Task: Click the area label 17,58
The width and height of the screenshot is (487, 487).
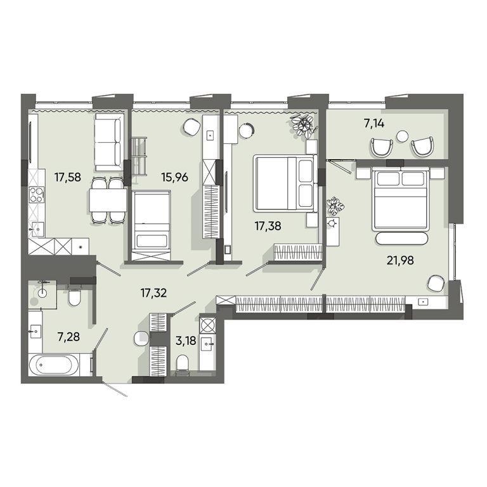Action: pyautogui.click(x=67, y=178)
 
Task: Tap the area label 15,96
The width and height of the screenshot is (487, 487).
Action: pyautogui.click(x=174, y=178)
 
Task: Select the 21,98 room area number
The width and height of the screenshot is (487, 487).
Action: pyautogui.click(x=400, y=260)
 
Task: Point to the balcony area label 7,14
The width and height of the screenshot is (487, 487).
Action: pyautogui.click(x=374, y=124)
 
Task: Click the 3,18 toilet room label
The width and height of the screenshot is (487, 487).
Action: pyautogui.click(x=186, y=341)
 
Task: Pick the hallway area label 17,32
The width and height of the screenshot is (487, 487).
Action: pyautogui.click(x=153, y=293)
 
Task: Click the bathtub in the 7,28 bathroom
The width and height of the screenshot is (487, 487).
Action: pyautogui.click(x=55, y=365)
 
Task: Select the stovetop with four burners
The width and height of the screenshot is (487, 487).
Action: pyautogui.click(x=36, y=195)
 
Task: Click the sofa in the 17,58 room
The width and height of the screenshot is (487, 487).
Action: pyautogui.click(x=108, y=142)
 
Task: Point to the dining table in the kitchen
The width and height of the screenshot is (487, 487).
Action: pyautogui.click(x=108, y=200)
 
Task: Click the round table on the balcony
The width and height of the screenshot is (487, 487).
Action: pyautogui.click(x=403, y=136)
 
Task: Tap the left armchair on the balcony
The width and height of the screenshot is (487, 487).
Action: pyautogui.click(x=382, y=148)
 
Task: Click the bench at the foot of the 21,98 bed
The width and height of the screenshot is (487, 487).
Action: pyautogui.click(x=401, y=238)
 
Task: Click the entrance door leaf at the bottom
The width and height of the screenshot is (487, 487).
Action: pyautogui.click(x=115, y=390)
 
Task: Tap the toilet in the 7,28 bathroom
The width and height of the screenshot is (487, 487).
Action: pyautogui.click(x=74, y=295)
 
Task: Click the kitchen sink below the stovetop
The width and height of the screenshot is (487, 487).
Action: pyautogui.click(x=37, y=230)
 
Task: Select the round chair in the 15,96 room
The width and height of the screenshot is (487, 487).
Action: pyautogui.click(x=191, y=127)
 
